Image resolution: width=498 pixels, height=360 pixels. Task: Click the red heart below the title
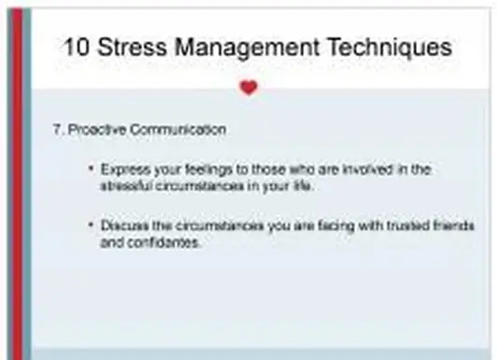248,88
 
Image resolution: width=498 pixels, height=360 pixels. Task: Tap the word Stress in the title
137,46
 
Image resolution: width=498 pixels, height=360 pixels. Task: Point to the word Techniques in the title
391,46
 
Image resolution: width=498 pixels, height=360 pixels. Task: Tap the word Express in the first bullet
119,169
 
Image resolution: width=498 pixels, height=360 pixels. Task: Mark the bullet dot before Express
91,169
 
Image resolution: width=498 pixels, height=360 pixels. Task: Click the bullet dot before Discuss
91,226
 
